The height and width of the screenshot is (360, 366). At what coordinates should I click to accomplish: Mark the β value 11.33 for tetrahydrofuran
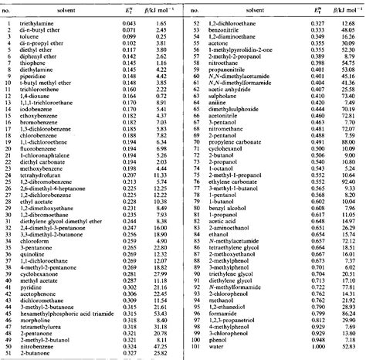(161, 175)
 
